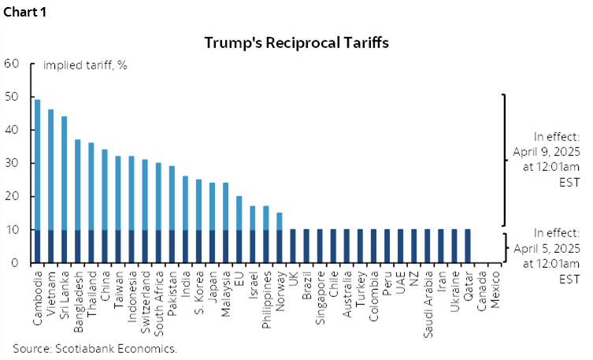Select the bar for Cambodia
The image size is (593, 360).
[37, 181]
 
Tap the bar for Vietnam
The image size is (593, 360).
[50, 186]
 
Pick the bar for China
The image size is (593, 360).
[104, 206]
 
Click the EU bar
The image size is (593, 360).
[239, 229]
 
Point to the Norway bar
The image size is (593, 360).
[279, 237]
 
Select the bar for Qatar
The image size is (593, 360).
[467, 247]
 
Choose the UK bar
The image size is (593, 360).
[292, 247]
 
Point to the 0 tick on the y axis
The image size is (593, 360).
[16, 263]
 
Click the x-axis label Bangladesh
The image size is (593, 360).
[78, 298]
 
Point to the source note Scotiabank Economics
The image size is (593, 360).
[95, 347]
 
